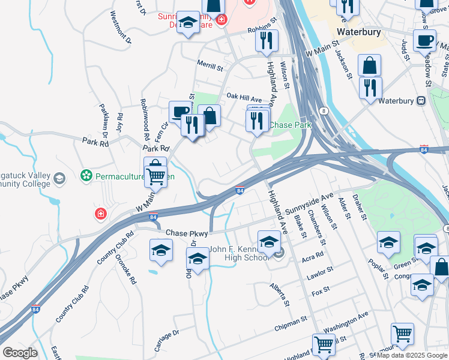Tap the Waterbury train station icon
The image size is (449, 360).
(421, 100)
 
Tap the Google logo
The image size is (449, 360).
(20, 353)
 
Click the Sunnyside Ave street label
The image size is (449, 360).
(309, 205)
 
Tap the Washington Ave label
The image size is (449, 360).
(345, 323)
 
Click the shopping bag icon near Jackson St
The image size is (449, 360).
(370, 65)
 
